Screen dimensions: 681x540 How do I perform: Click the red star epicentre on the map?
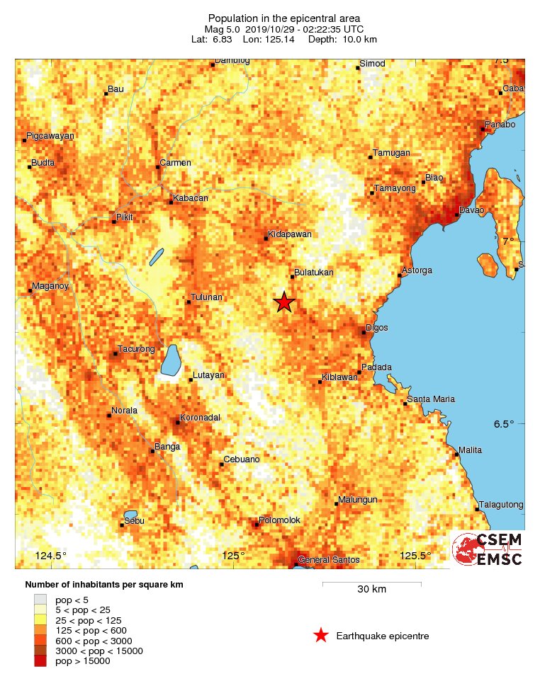point(284,302)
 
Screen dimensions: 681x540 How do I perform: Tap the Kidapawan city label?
point(289,234)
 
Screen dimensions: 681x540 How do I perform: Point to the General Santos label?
point(328,560)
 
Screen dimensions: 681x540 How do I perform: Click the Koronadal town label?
point(201,418)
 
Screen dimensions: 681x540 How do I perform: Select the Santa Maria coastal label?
point(432,399)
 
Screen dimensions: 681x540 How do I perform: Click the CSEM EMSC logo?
point(488,549)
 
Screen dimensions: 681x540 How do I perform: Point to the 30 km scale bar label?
point(371,590)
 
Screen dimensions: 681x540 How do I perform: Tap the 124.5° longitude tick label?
point(51,556)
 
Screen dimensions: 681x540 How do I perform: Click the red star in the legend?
point(321,636)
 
